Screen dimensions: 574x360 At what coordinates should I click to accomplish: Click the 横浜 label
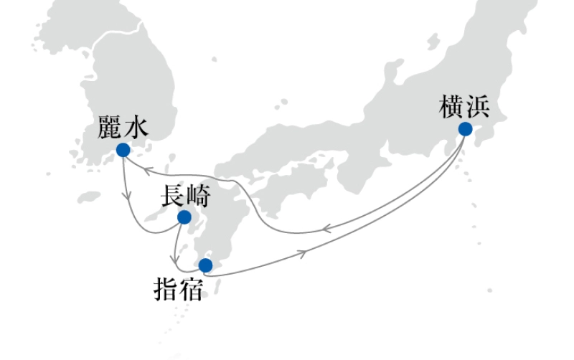coord(464,106)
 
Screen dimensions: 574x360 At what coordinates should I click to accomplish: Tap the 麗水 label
coord(123,127)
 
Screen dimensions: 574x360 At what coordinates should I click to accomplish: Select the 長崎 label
coord(186,196)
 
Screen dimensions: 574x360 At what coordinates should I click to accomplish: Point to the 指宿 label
coord(178,289)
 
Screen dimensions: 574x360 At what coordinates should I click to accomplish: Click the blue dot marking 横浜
coord(465,129)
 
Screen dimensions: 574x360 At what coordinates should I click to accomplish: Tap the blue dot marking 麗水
coord(123,150)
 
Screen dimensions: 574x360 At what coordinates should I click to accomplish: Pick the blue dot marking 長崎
coord(184,217)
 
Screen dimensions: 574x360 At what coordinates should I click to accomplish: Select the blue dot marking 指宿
coord(205,265)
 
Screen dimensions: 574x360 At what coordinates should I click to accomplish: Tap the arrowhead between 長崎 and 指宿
coord(175,260)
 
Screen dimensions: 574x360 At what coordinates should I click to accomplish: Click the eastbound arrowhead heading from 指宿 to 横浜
coord(302,254)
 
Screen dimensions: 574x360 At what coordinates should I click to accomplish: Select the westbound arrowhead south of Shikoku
coord(326,229)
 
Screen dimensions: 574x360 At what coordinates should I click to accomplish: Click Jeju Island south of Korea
coord(89,197)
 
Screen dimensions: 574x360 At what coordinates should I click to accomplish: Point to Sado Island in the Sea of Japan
coord(433,41)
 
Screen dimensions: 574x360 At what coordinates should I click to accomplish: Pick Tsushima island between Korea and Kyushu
coord(171,161)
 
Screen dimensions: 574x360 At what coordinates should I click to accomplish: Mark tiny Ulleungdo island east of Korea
coord(214,60)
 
